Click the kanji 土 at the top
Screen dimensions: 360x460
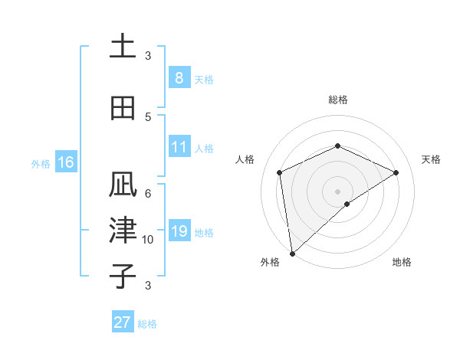pos(123,47)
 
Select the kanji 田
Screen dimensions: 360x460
pos(123,108)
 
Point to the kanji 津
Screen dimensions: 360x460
pos(123,231)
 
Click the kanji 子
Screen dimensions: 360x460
pos(123,275)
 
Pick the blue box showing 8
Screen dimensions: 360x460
pos(179,77)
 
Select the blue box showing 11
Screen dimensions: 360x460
pos(179,147)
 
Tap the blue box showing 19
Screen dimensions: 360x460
pos(179,231)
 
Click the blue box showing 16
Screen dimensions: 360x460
pos(65,162)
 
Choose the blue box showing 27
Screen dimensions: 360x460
pos(123,322)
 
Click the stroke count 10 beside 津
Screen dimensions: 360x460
pos(148,240)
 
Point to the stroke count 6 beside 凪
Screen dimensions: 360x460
pos(148,194)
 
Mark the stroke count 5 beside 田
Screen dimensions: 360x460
pos(148,116)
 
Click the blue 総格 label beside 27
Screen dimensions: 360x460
pos(147,324)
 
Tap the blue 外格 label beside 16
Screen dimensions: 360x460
pos(40,163)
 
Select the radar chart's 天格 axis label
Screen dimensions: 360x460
pos(431,159)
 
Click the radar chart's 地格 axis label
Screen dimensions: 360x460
pos(402,262)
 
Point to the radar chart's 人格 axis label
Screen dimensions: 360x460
pos(245,159)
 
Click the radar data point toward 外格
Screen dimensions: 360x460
pos(292,253)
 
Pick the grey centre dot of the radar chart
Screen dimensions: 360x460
pos(337,191)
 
